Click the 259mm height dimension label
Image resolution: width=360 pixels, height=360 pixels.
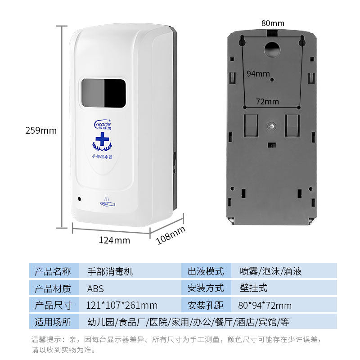(41, 130)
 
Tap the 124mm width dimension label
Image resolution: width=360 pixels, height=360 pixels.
(114, 240)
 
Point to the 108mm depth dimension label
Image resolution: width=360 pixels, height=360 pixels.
(171, 235)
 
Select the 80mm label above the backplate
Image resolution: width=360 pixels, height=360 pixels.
(273, 23)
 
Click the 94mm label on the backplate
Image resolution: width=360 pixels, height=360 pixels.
(258, 73)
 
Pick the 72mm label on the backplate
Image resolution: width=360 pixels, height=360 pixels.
(267, 102)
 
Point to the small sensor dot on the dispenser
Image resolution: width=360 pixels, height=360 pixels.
(80, 198)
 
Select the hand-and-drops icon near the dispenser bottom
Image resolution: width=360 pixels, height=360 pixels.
(107, 203)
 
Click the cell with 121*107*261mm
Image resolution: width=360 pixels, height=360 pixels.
(121, 305)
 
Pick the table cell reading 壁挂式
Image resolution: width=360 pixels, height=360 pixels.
(253, 288)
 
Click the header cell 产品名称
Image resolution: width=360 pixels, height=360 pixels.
(53, 271)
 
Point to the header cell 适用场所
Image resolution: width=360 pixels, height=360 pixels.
(53, 322)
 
